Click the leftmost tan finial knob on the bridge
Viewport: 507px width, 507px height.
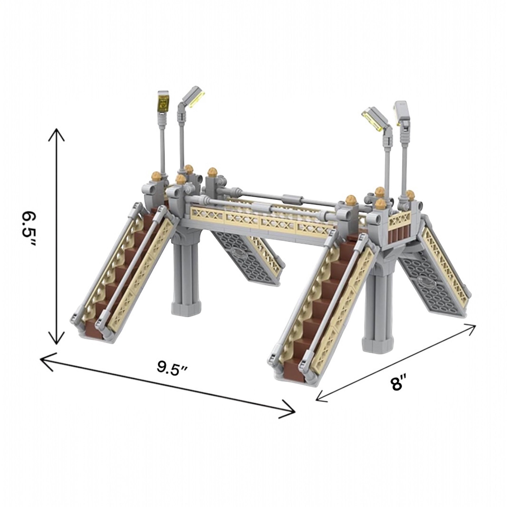pos(157,176)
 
